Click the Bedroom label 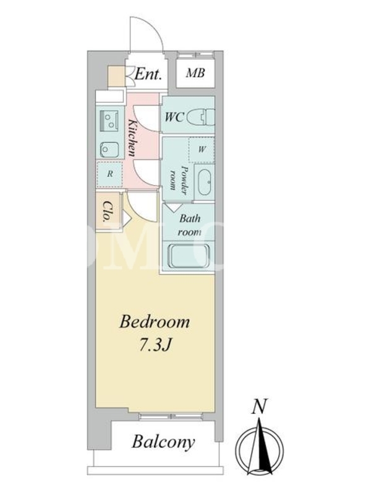tap(155, 322)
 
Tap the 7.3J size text tap(155, 346)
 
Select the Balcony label tap(163, 442)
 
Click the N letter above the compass tap(259, 406)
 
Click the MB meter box tap(195, 73)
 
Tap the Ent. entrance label tap(148, 74)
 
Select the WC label tap(174, 117)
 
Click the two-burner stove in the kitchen tap(109, 120)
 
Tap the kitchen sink tap(109, 149)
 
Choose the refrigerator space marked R tap(109, 174)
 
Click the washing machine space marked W tap(202, 149)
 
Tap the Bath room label tap(190, 225)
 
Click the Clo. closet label tap(108, 211)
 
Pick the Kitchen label tap(132, 138)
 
